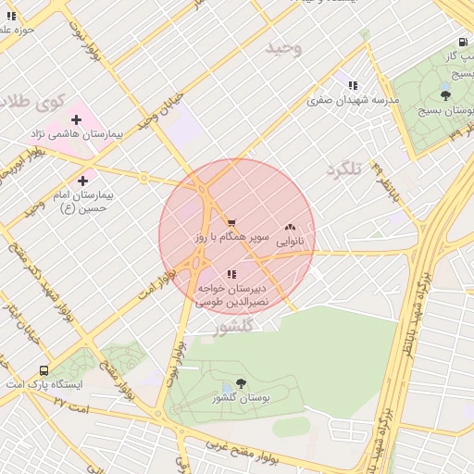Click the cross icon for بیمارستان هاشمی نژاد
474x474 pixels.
coord(76,119)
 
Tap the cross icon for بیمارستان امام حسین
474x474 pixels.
coord(83,180)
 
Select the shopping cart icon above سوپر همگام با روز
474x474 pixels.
coord(231,222)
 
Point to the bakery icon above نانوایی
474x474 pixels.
coord(290,226)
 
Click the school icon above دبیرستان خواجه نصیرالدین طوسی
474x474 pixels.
coord(231,274)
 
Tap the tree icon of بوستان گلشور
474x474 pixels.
coord(242,382)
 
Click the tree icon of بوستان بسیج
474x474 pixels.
coord(445,94)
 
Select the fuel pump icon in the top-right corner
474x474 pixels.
coord(462,42)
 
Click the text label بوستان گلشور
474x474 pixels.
coord(241,398)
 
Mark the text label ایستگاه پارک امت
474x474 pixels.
coord(45,384)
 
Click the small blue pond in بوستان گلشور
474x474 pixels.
coord(227,388)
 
